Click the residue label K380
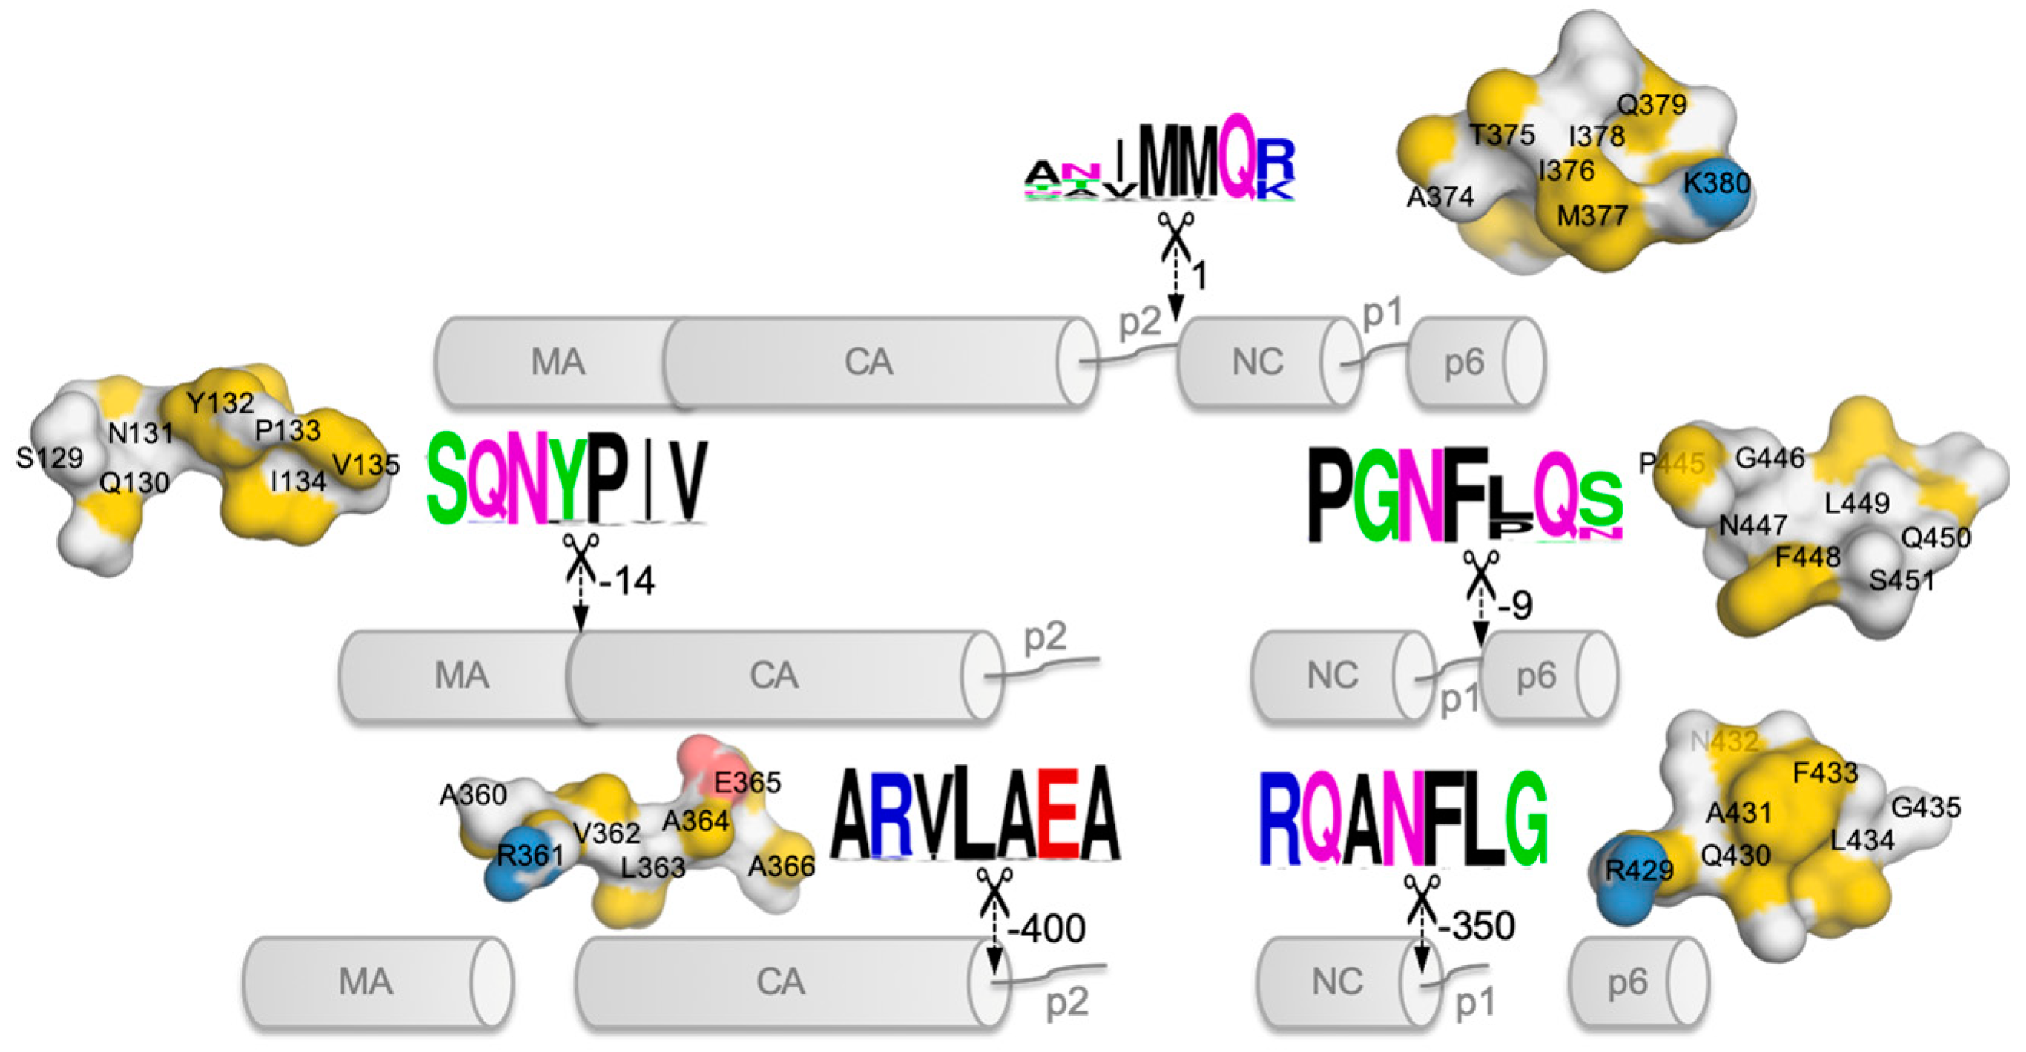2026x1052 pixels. [x=1716, y=184]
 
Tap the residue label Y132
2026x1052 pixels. [x=220, y=403]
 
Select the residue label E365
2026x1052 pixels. [x=747, y=782]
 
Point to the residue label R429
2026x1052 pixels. [x=1639, y=870]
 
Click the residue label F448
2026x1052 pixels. [x=1807, y=557]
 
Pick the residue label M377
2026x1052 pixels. [x=1592, y=216]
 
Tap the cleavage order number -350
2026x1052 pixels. [x=1476, y=926]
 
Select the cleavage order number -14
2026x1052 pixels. [x=627, y=581]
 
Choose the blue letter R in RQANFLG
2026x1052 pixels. [x=1280, y=819]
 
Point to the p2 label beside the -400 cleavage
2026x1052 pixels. [x=1066, y=1002]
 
